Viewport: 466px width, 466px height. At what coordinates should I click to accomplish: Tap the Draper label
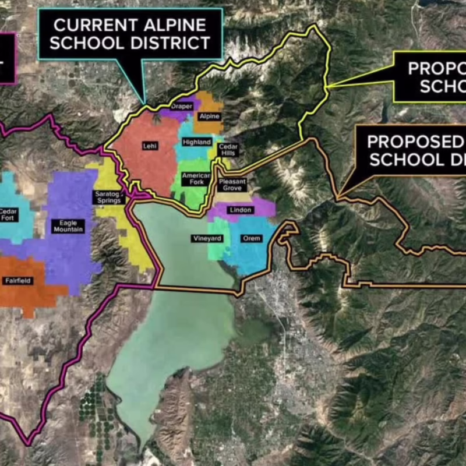click(x=181, y=107)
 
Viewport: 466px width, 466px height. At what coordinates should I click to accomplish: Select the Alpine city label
click(x=209, y=116)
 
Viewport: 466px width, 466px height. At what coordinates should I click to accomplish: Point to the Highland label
click(x=196, y=142)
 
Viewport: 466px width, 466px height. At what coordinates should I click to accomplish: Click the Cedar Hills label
click(x=228, y=150)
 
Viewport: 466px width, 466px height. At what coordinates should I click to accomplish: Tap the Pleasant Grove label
click(x=232, y=185)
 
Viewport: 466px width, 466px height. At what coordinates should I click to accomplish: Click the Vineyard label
click(x=207, y=239)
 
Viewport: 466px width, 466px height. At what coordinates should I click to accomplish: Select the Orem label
click(x=252, y=239)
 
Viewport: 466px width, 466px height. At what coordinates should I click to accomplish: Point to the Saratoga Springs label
click(x=108, y=197)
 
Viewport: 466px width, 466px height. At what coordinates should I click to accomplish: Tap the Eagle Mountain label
click(x=68, y=225)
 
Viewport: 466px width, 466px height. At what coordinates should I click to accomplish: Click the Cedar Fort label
click(x=9, y=214)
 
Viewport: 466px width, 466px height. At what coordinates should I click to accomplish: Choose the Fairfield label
click(x=18, y=281)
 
